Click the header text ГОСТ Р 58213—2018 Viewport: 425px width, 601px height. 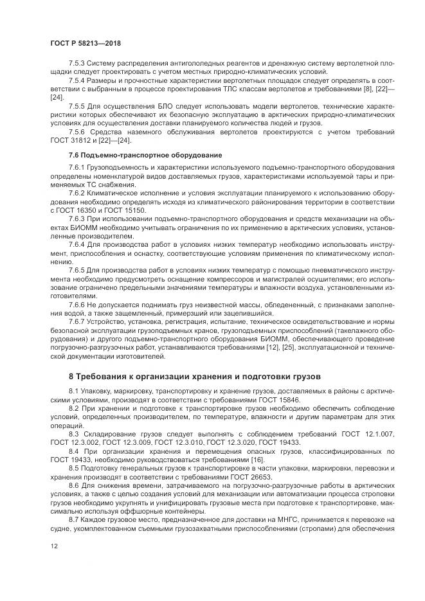86,43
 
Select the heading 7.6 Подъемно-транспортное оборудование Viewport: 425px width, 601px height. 145,156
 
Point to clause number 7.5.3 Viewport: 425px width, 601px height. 77,64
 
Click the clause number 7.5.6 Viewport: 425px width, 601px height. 77,132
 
